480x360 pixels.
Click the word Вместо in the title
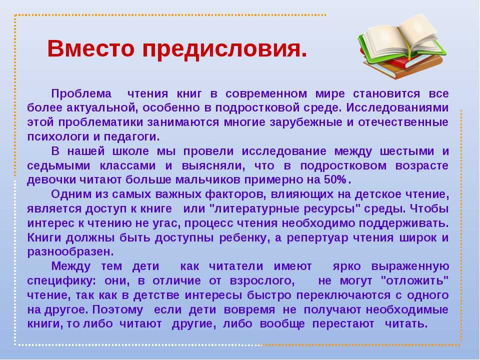[x=91, y=48]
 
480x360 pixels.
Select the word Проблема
[x=81, y=93]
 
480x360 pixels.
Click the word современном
[x=266, y=93]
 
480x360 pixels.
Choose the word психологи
[x=58, y=136]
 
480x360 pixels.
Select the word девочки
[x=51, y=179]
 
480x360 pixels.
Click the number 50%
[x=335, y=179]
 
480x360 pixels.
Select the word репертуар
[x=317, y=238]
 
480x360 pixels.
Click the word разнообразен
[x=70, y=252]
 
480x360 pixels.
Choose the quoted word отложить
[x=414, y=280]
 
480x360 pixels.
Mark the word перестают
[x=343, y=324]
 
